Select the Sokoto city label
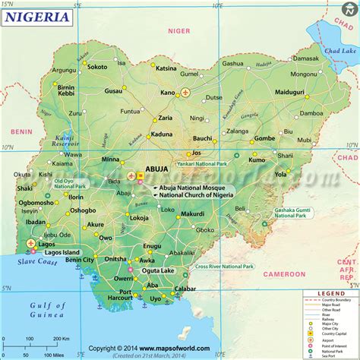pos(96,67)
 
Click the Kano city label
pos(167,93)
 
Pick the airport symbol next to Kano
pos(186,93)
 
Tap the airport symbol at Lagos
pos(30,244)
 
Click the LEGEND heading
pos(331,293)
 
